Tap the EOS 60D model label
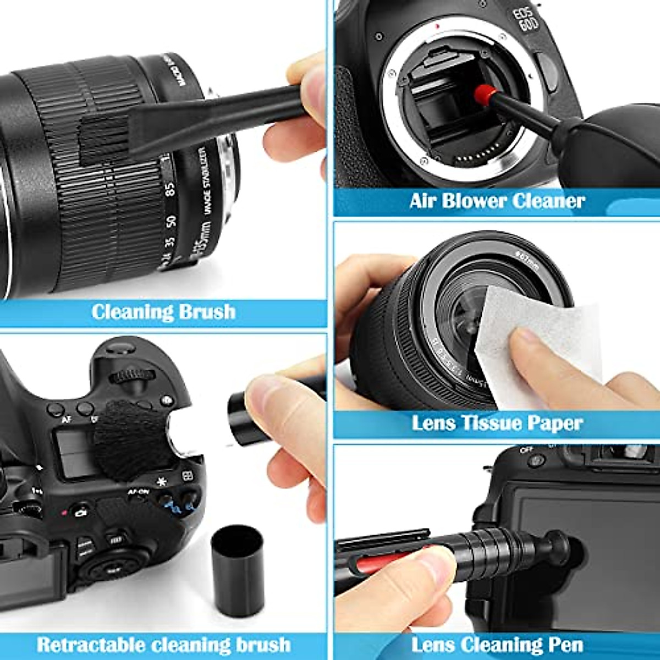(527, 20)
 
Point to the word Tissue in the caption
(491, 423)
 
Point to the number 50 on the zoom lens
(170, 221)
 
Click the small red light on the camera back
(64, 513)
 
